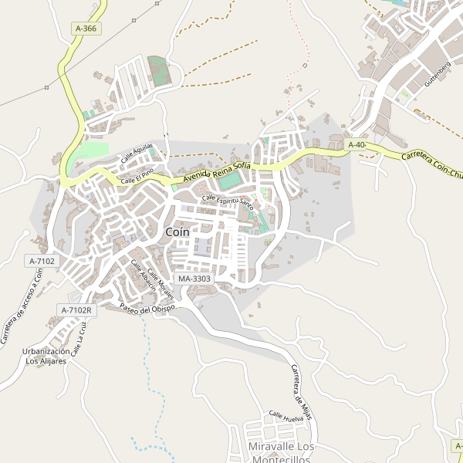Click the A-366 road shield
point(86,29)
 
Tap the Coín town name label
point(178,231)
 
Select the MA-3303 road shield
point(194,278)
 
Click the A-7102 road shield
point(42,261)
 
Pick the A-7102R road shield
point(76,309)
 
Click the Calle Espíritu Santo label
point(228,201)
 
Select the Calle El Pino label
point(138,175)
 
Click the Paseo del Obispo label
point(149,309)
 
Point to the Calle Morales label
point(161,285)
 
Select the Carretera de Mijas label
point(301,390)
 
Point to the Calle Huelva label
point(286,417)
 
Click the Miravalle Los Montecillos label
point(282,453)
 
